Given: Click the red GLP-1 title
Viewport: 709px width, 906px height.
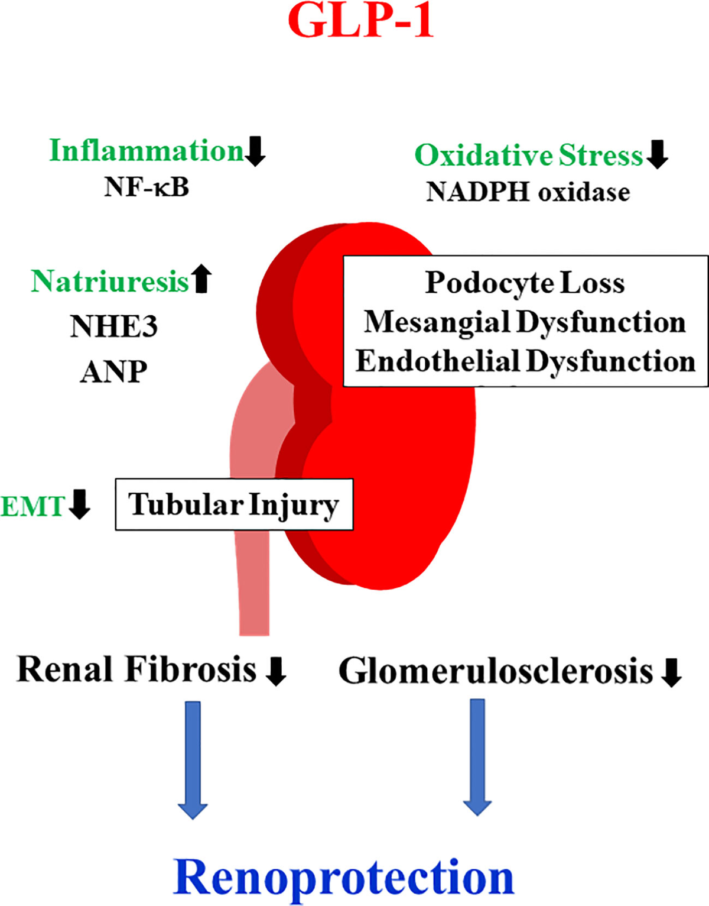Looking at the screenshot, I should click(360, 21).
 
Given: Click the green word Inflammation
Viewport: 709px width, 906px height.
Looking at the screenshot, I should click(146, 151).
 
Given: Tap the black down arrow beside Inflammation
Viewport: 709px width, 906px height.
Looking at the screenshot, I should click(255, 151).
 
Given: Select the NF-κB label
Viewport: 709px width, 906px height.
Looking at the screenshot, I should click(147, 187).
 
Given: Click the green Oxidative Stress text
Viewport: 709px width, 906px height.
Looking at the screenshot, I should click(528, 156).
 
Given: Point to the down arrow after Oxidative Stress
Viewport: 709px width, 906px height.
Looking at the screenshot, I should click(657, 154).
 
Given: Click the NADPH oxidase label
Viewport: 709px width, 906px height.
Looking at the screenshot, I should click(528, 192).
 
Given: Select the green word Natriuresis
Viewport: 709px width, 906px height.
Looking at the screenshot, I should click(110, 281).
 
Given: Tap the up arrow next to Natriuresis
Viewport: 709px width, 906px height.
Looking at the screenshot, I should click(202, 279).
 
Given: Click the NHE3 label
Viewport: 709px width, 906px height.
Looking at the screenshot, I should click(114, 326).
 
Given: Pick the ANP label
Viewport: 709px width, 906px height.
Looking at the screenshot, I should click(114, 372).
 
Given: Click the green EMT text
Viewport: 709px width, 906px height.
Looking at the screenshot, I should click(32, 507).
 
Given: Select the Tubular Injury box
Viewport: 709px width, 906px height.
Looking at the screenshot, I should click(234, 504).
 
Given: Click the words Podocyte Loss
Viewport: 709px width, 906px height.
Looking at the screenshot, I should click(525, 283).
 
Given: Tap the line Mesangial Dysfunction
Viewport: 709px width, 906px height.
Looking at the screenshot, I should click(525, 322).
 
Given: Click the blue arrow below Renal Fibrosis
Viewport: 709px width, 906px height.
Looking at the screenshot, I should click(193, 759).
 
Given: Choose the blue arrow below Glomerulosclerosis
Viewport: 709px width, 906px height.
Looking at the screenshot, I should click(477, 757).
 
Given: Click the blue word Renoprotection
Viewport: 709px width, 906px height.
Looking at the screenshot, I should click(343, 878).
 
